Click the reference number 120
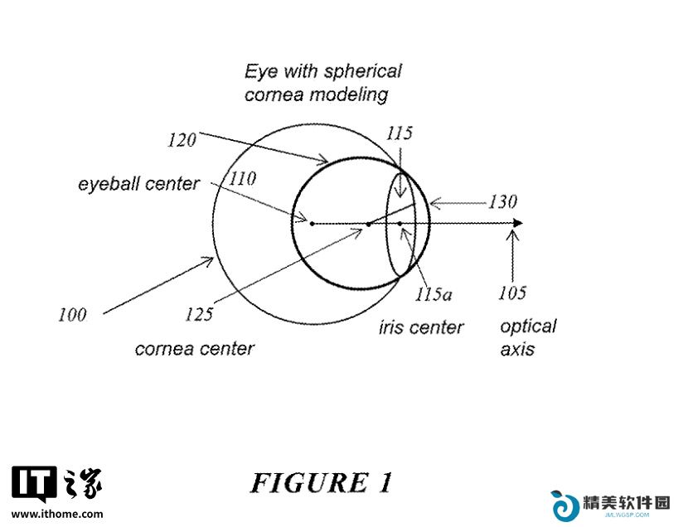[182, 140]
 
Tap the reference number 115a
[433, 294]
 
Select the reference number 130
[502, 201]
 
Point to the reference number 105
[512, 293]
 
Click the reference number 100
[72, 315]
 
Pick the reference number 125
[199, 314]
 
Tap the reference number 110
[243, 178]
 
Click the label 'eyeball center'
[138, 184]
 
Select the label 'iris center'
[421, 327]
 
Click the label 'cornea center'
[195, 349]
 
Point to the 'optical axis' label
[528, 337]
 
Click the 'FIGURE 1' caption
[322, 482]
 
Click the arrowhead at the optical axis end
[517, 223]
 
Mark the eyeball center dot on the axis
[312, 224]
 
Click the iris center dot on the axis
[400, 224]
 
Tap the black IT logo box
[34, 484]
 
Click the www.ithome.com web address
[57, 514]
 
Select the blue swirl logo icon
[565, 505]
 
